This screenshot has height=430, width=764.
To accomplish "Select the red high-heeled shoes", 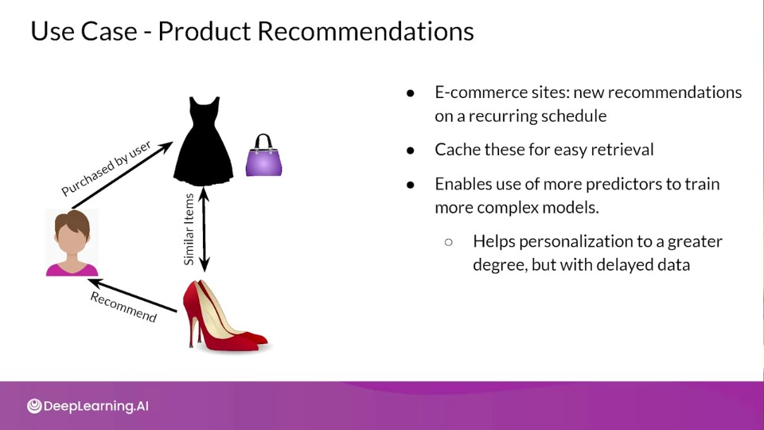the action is [224, 316].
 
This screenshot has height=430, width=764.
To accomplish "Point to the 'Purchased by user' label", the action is [106, 168].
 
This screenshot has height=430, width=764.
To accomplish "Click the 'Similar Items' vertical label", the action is [189, 229].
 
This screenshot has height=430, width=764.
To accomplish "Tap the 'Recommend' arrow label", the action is [123, 307].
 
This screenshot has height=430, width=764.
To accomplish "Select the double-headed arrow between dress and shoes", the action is [205, 229].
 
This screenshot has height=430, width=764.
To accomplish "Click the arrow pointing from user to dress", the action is [123, 175].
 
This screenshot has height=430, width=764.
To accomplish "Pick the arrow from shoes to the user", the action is [133, 295].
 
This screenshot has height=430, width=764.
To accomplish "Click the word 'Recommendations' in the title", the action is [365, 31].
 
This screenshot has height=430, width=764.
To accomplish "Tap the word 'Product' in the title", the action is [205, 31].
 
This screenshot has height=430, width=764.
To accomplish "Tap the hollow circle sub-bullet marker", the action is [449, 242].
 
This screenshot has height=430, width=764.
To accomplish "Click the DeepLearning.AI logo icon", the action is [34, 406].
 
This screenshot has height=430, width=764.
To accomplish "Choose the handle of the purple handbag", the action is [263, 141].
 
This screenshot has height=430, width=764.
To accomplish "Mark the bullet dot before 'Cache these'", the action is [411, 150].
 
